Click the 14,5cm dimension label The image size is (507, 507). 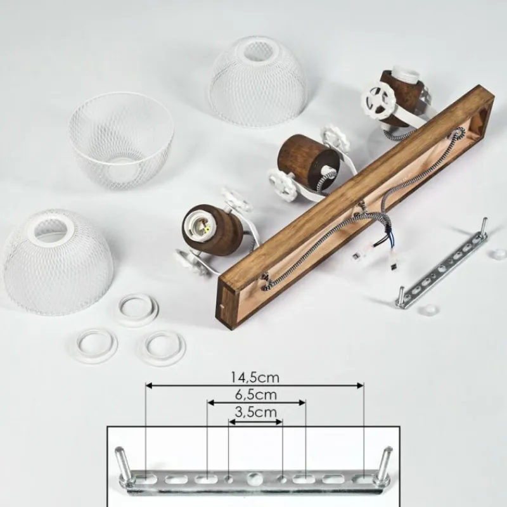(x=255, y=377)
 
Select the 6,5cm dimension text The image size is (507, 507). (x=255, y=395)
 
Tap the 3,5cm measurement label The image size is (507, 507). (x=255, y=413)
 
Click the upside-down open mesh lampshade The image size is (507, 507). (x=121, y=141)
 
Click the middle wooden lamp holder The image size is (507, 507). (x=304, y=161)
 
